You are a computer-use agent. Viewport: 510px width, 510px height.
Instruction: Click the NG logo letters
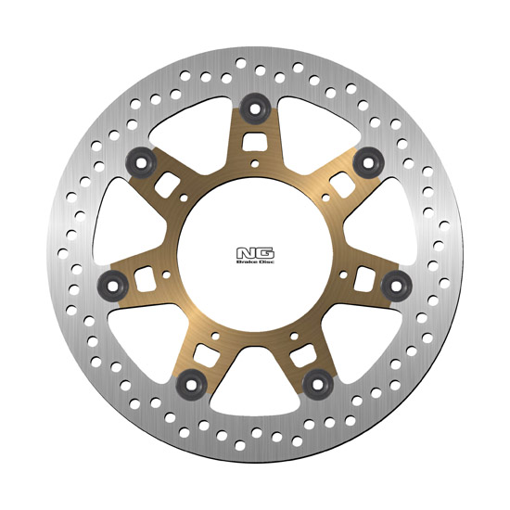(x=255, y=253)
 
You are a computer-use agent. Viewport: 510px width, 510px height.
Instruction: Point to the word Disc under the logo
(x=266, y=261)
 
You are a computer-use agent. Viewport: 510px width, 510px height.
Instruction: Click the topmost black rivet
(x=255, y=109)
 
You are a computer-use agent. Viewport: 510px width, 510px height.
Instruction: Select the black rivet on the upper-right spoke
(x=368, y=163)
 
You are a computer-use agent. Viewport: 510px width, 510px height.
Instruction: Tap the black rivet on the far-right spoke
(x=397, y=286)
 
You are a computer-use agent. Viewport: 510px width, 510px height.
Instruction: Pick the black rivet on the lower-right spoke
(x=318, y=385)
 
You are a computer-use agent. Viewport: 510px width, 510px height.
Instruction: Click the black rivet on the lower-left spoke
(x=192, y=385)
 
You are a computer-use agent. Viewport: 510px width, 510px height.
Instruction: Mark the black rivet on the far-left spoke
(x=113, y=286)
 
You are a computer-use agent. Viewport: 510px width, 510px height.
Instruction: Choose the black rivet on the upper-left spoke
(x=141, y=163)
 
